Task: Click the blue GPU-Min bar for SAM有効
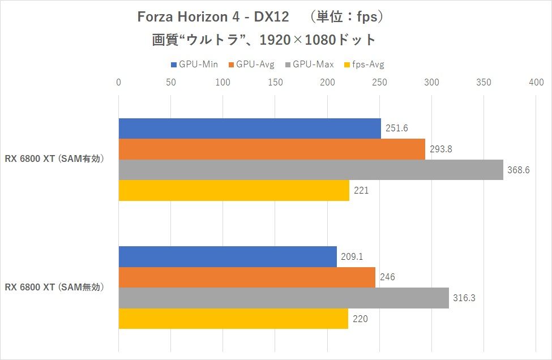pyautogui.click(x=250, y=128)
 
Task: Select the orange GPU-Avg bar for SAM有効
pyautogui.click(x=272, y=149)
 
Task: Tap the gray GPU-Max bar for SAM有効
pyautogui.click(x=311, y=170)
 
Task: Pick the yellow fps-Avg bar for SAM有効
pyautogui.click(x=234, y=191)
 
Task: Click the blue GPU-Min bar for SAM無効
pyautogui.click(x=228, y=257)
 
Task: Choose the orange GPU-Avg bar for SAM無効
pyautogui.click(x=247, y=277)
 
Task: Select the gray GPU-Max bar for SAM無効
pyautogui.click(x=284, y=298)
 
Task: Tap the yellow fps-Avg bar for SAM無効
pyautogui.click(x=233, y=319)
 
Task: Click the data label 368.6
pyautogui.click(x=518, y=170)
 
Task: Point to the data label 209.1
pyautogui.click(x=352, y=257)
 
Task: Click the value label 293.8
pyautogui.click(x=440, y=149)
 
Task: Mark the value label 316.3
pyautogui.click(x=464, y=298)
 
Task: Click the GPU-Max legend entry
pyautogui.click(x=310, y=65)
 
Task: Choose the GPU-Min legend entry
pyautogui.click(x=194, y=65)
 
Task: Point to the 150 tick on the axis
pyautogui.click(x=275, y=83)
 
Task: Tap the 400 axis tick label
pyautogui.click(x=536, y=83)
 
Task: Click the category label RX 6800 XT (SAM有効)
pyautogui.click(x=55, y=159)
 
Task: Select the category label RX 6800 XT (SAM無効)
pyautogui.click(x=55, y=288)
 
